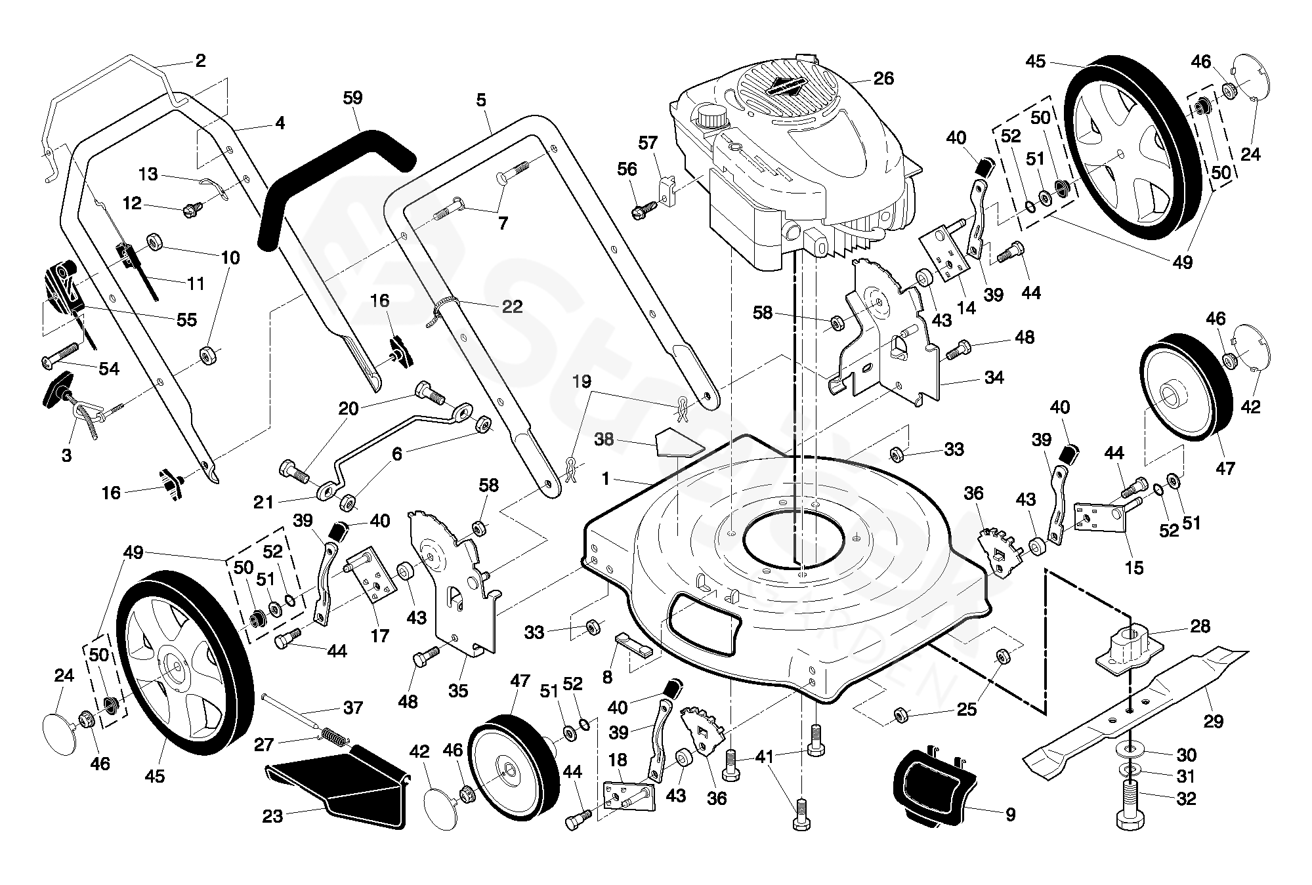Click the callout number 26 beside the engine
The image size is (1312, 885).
[883, 79]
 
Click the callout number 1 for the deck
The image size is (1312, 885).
[606, 480]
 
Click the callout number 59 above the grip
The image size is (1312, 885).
[352, 98]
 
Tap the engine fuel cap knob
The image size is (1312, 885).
[712, 117]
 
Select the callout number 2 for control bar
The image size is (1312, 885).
[201, 61]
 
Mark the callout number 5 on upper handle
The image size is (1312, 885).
[481, 100]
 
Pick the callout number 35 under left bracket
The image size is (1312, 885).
[458, 690]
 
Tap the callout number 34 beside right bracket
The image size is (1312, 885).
[994, 378]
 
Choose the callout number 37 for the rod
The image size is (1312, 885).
[353, 708]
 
